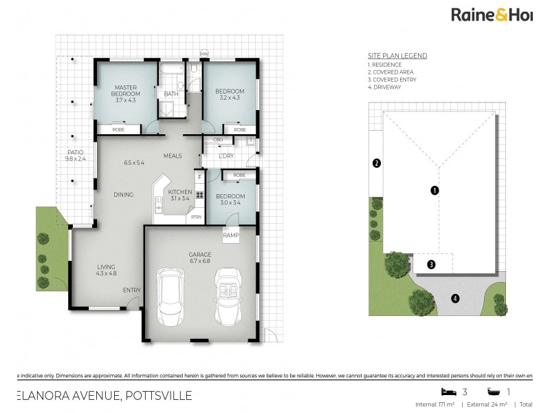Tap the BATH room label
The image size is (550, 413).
pyautogui.click(x=170, y=94)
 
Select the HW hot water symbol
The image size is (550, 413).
pyautogui.click(x=203, y=54)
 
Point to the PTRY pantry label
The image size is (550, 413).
pyautogui.click(x=196, y=217)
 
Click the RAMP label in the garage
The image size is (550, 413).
pyautogui.click(x=231, y=235)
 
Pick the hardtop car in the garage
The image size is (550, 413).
pyautogui.click(x=170, y=297)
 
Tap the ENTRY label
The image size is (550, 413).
pyautogui.click(x=131, y=290)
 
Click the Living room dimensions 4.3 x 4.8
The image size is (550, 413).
pyautogui.click(x=106, y=274)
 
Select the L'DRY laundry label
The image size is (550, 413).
pyautogui.click(x=226, y=156)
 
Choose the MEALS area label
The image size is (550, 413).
pyautogui.click(x=173, y=156)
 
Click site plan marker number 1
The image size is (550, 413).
pyautogui.click(x=434, y=190)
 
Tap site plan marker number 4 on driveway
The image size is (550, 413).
pyautogui.click(x=454, y=298)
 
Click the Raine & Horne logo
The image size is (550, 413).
pyautogui.click(x=491, y=14)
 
